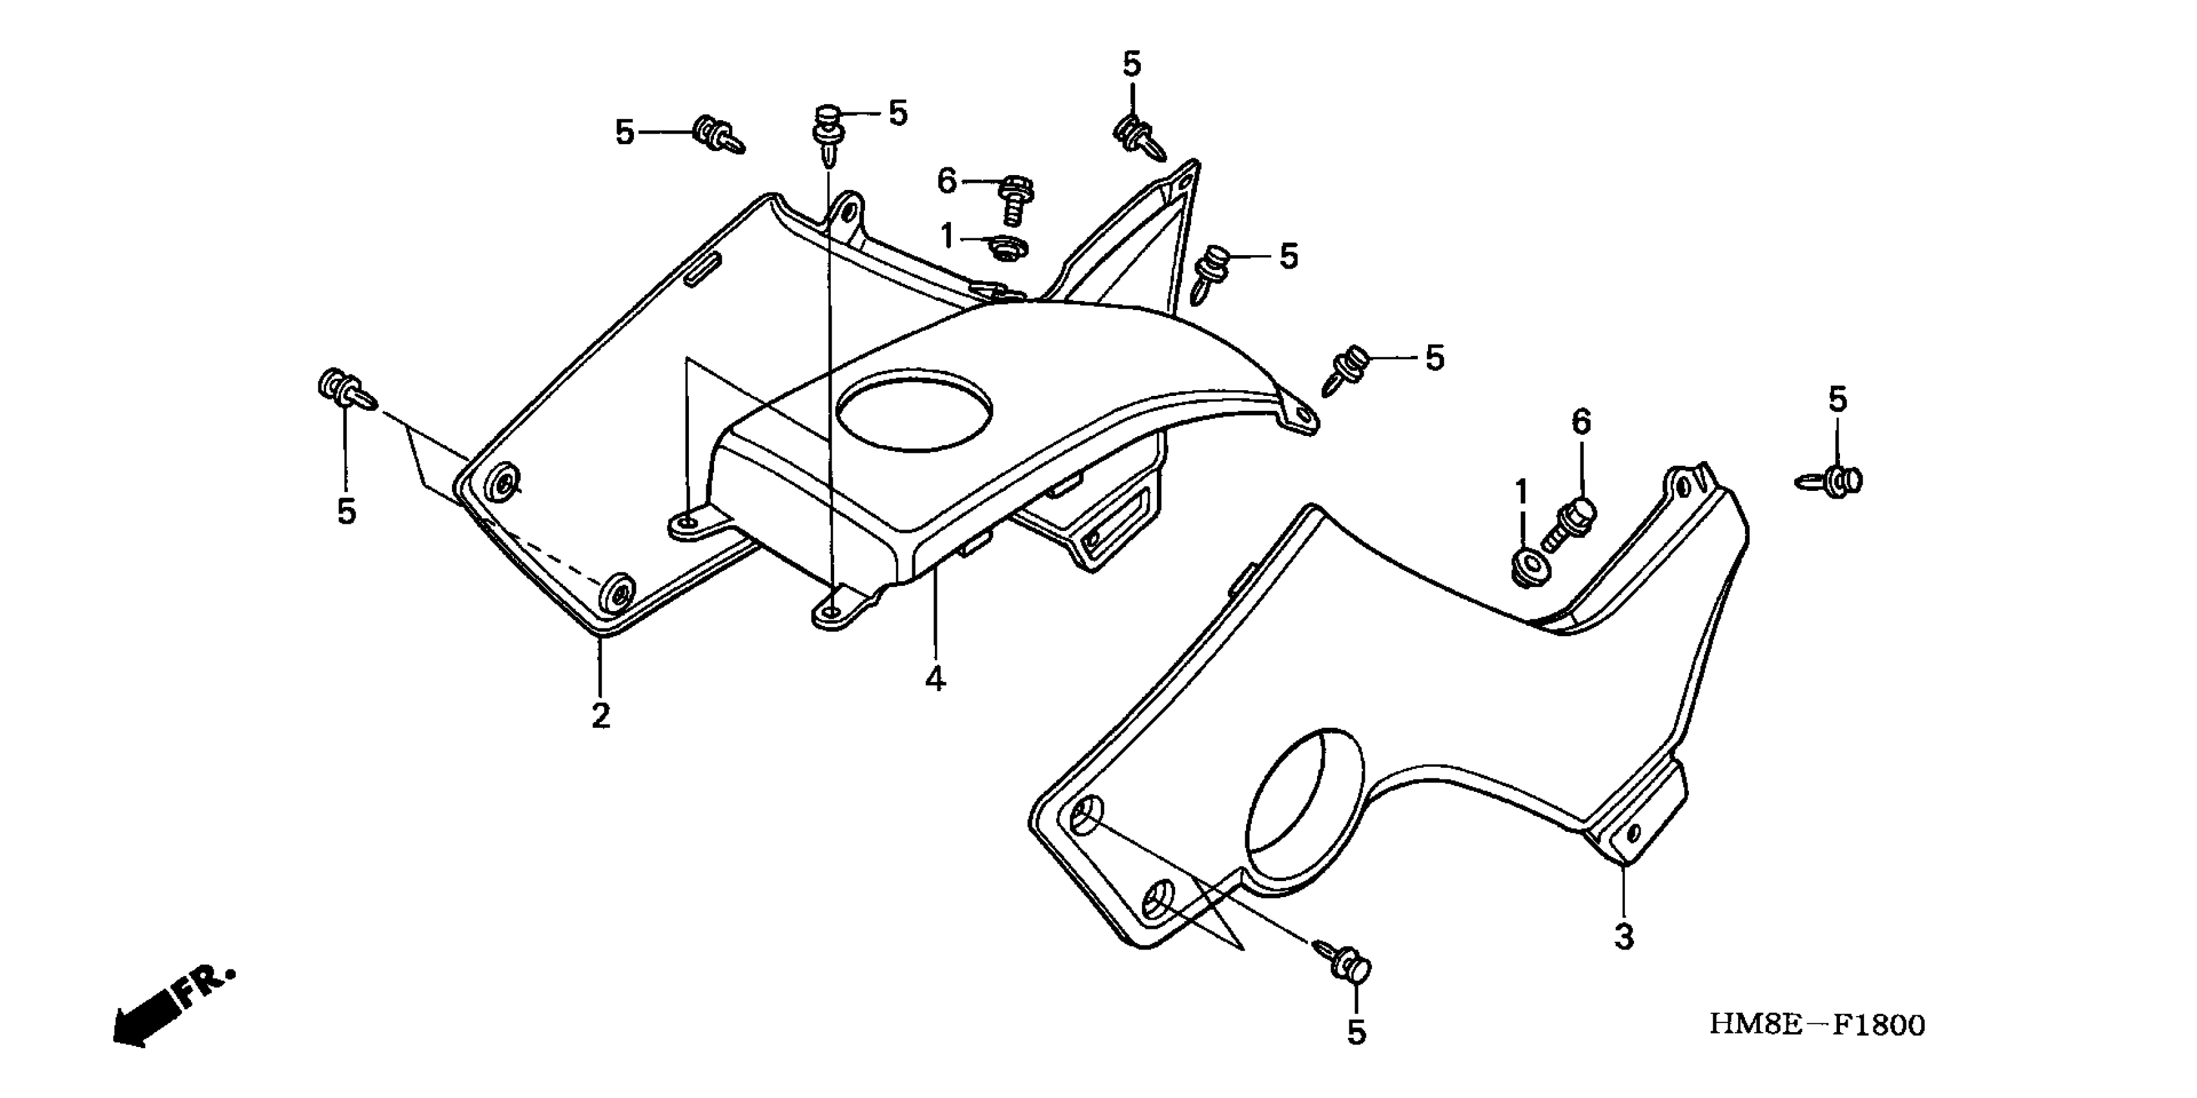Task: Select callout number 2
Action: click(600, 716)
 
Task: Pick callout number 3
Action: click(1624, 937)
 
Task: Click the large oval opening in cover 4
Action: click(914, 409)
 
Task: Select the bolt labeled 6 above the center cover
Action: click(1014, 200)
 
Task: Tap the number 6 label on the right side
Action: click(1581, 422)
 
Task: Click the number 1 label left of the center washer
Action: click(946, 236)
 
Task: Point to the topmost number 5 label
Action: click(1131, 64)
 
